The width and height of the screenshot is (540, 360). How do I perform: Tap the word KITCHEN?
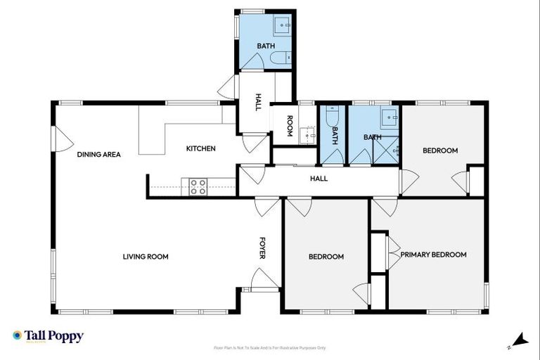point(200,148)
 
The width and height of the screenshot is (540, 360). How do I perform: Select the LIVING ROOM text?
point(146,257)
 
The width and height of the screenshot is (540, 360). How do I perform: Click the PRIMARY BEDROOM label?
point(433,255)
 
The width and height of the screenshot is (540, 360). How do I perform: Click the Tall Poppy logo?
point(48,336)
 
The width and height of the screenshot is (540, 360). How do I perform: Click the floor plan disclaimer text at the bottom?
point(269,347)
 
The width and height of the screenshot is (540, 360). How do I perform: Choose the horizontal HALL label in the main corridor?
point(319,179)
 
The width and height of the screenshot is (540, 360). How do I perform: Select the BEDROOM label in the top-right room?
point(439,150)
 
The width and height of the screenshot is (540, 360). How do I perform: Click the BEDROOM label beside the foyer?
point(326,257)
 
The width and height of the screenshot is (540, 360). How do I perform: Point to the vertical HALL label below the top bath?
point(258,103)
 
